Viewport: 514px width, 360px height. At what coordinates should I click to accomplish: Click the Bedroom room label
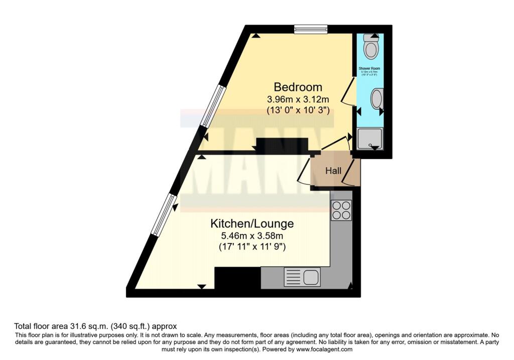298,86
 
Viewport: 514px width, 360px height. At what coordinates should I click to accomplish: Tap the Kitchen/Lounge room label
252,223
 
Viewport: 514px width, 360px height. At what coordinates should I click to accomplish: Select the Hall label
333,171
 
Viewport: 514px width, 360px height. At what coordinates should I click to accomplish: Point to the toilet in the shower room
371,47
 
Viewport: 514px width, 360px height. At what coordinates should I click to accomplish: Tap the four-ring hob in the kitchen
341,210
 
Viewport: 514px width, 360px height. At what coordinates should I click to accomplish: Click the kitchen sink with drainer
302,277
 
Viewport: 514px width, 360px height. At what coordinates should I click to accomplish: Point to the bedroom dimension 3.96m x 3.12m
298,100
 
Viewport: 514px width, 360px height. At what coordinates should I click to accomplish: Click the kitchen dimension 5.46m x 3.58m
252,235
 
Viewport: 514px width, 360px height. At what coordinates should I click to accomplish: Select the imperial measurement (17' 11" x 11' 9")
252,247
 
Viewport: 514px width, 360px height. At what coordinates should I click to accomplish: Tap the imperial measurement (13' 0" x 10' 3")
298,111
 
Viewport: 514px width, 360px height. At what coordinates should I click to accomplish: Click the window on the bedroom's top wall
310,29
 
